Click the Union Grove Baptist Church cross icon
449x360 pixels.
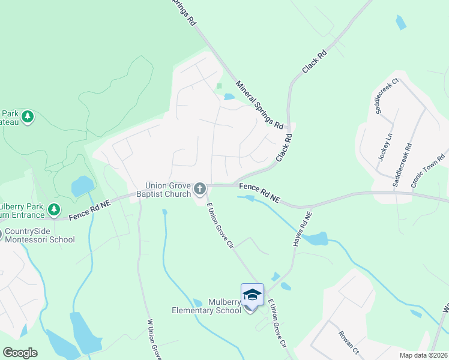click(199, 190)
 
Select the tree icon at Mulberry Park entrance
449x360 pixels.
click(55, 209)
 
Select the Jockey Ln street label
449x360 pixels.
click(384, 146)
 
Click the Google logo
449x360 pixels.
click(20, 353)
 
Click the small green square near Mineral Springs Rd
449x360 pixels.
click(220, 86)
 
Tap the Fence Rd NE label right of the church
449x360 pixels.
click(259, 192)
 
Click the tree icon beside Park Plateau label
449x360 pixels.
click(27, 116)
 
